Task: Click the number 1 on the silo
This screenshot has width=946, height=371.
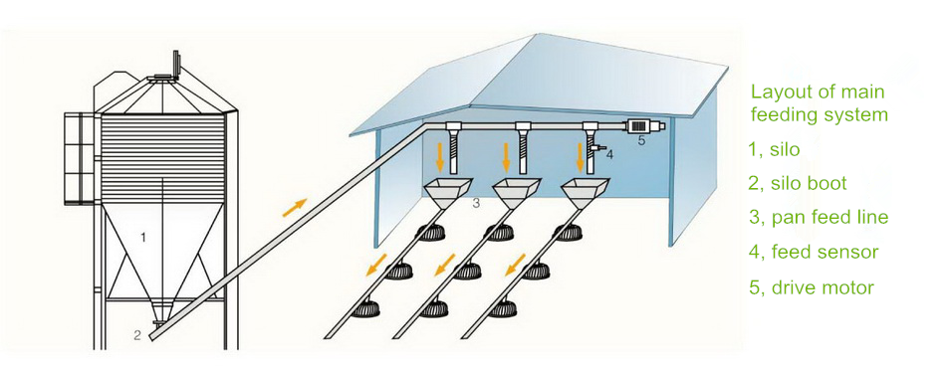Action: pos(144,238)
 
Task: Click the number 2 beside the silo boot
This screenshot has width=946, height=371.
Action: pos(137,335)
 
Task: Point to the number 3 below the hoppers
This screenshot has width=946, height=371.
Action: pos(476,203)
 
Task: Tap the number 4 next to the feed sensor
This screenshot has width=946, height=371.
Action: pos(609,155)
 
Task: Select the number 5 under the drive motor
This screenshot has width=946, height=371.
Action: pos(641,141)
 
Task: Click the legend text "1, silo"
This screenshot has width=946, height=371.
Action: pos(774,149)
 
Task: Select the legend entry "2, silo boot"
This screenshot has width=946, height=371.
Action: pos(798,184)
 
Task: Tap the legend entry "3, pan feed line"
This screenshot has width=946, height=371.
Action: pos(819,218)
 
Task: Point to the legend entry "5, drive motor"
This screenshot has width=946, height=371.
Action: pos(812,287)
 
